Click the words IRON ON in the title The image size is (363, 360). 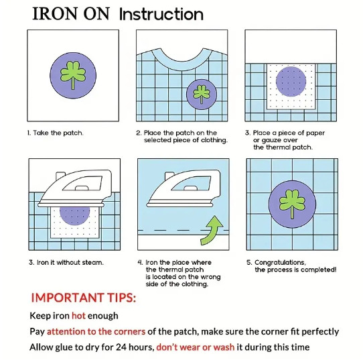click(70, 14)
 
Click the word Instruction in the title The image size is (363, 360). click(161, 14)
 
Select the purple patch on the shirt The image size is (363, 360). click(202, 94)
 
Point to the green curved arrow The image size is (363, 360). click(212, 231)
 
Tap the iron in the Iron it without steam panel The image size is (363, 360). click(75, 189)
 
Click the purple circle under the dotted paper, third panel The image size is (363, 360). click(291, 82)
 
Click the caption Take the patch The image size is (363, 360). click(55, 133)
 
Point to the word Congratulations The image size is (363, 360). click(280, 263)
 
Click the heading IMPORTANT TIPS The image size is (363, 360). click(83, 298)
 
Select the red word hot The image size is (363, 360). click(78, 316)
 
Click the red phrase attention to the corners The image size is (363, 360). click(96, 331)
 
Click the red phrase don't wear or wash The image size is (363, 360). click(196, 347)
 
